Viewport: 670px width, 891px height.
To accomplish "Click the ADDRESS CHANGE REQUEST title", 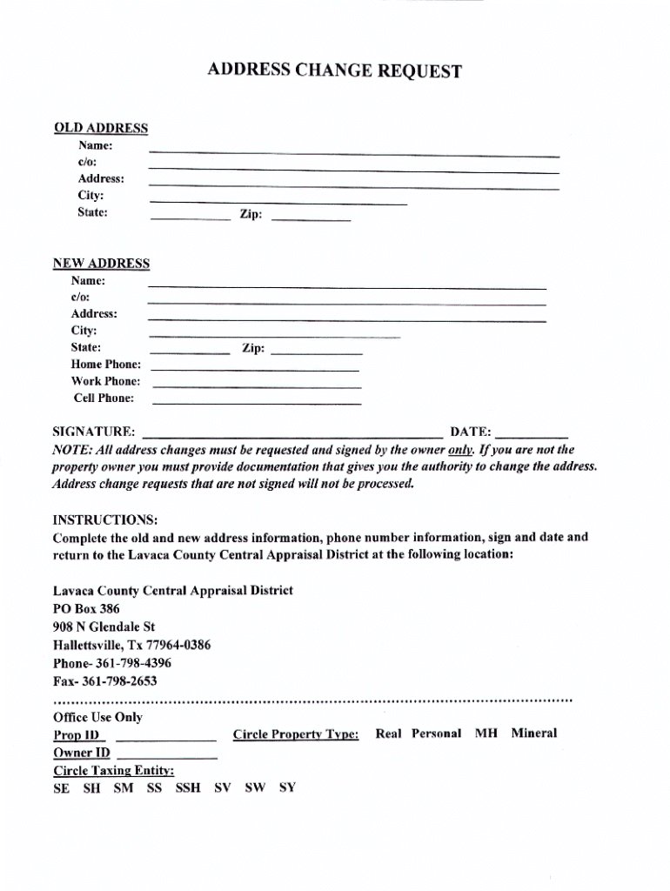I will click(x=334, y=71).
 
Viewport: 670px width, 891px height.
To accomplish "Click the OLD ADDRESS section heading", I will click(x=101, y=129).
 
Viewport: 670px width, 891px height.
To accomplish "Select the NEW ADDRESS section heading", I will click(x=101, y=264).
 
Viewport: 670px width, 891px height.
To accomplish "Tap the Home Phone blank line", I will click(x=256, y=369).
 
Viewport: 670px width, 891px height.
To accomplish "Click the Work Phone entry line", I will click(x=256, y=385).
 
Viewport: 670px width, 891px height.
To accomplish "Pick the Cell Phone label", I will click(x=104, y=399).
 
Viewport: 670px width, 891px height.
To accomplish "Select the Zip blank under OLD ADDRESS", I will click(x=312, y=218).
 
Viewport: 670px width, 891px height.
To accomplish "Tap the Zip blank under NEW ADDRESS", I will click(x=316, y=352).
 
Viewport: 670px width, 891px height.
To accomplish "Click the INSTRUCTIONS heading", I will click(x=105, y=520).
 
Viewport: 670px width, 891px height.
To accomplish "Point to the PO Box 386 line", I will click(x=86, y=609).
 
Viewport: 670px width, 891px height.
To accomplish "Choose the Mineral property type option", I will click(x=533, y=734).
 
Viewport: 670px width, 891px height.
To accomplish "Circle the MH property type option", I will click(x=486, y=734).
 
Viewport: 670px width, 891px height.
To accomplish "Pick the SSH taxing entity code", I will click(x=188, y=788).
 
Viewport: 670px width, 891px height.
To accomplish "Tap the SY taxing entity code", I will click(x=287, y=788).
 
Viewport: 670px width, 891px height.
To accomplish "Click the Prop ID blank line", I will click(x=165, y=738).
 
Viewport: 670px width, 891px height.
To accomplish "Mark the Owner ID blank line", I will click(x=165, y=756).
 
